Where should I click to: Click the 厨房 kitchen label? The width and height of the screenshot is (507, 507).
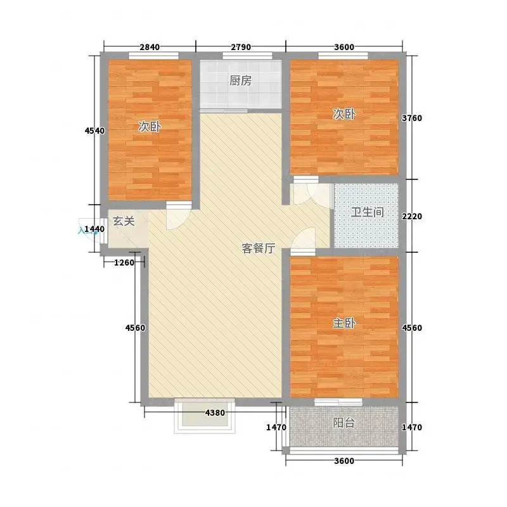[241, 80]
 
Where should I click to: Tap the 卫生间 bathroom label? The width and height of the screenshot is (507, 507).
[368, 212]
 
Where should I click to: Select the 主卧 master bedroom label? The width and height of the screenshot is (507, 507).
[344, 323]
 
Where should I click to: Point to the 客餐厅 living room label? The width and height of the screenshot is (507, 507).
[259, 248]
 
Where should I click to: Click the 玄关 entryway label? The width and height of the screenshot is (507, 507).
[124, 221]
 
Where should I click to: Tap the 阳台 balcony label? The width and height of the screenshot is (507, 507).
[343, 423]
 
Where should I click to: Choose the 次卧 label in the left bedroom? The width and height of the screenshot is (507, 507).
[150, 127]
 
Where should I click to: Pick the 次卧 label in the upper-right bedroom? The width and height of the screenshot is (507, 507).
[344, 114]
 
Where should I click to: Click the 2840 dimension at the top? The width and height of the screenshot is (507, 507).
[150, 47]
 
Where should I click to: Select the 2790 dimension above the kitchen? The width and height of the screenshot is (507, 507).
[241, 47]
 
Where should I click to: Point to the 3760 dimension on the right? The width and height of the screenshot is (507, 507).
[412, 119]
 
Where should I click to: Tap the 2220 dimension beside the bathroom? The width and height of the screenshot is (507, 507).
[412, 216]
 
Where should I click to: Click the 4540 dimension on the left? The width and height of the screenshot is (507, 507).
[94, 131]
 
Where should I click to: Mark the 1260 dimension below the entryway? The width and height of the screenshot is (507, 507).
[124, 262]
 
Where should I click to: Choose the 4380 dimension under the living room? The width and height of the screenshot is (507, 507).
[215, 413]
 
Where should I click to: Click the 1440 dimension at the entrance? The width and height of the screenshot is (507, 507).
[94, 229]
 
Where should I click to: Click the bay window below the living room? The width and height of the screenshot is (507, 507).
[205, 416]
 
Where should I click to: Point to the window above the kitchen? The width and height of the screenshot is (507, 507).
[247, 56]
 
